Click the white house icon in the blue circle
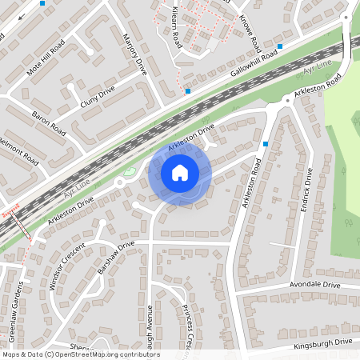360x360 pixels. pyautogui.click(x=179, y=172)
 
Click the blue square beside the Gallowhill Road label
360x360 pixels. pyautogui.click(x=280, y=47)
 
